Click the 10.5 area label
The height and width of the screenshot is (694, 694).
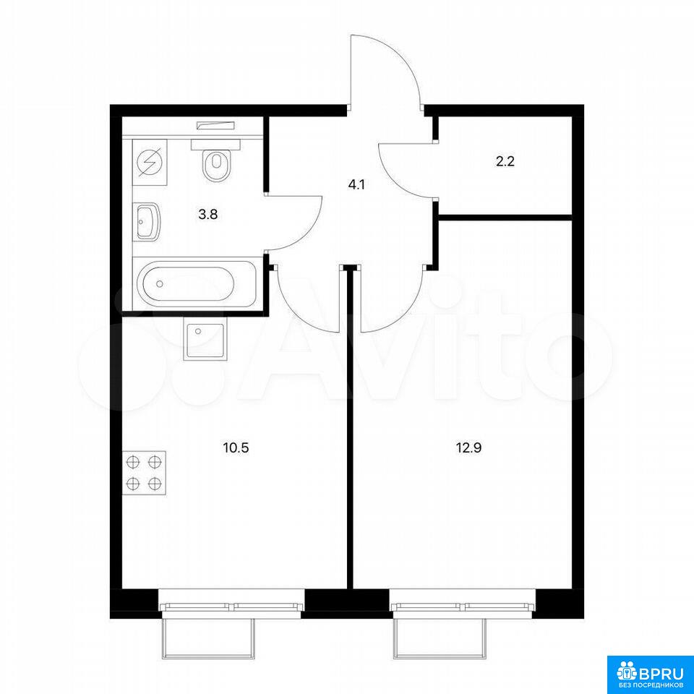point(236,448)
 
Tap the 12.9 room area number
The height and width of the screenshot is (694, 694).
point(468,448)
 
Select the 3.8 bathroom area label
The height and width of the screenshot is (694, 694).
point(208,215)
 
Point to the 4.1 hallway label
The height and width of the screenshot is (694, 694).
point(356,184)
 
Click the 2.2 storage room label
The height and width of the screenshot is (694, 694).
point(505,161)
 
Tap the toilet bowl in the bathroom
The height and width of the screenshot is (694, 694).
point(216,160)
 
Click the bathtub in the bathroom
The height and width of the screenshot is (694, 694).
point(195,283)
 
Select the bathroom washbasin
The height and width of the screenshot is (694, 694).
point(147,221)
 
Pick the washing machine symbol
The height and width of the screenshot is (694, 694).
point(150,163)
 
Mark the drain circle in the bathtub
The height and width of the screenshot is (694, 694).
point(160,283)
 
